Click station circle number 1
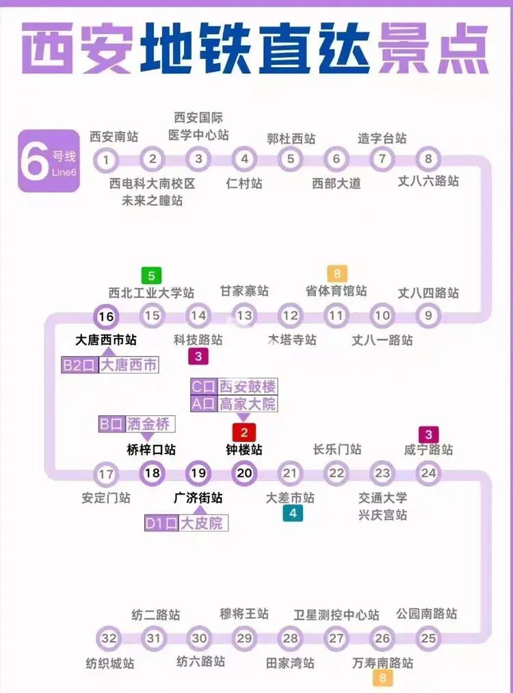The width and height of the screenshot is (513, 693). coord(106,160)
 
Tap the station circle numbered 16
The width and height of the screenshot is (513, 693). coord(106,316)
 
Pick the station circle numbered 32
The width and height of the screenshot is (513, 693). coord(109,638)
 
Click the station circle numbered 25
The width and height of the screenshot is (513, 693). coord(428,638)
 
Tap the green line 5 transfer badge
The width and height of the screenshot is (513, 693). coord(151,276)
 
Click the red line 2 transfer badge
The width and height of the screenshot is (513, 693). coord(244,432)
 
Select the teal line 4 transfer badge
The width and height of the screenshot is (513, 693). coord(292,514)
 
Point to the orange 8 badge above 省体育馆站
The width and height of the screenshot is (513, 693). coord(337,273)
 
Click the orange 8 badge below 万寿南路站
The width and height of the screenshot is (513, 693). coord(382,679)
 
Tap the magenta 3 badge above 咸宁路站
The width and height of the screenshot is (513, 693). coord(429,434)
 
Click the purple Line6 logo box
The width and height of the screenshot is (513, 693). coord(49,161)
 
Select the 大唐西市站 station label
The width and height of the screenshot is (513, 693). coord(106,340)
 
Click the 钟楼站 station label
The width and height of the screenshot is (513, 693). coord(244,450)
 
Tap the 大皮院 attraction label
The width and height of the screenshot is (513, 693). coord(204,523)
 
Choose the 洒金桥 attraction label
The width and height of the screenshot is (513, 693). coord(150,424)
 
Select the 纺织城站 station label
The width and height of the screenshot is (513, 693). coord(109,663)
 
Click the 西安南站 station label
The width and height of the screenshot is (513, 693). coord(114,138)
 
